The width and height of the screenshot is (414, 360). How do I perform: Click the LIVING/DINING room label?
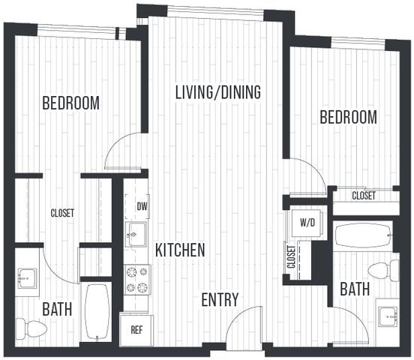218,92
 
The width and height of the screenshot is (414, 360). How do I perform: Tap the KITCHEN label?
180,250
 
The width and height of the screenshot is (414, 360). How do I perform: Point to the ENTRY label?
220,299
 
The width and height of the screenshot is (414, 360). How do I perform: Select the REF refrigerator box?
136,330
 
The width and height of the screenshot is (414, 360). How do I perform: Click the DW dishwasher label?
142,206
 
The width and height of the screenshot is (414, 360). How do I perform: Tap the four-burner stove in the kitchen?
137,280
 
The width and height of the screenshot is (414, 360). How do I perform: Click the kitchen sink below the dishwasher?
136,235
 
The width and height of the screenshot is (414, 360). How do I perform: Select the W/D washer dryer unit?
307,223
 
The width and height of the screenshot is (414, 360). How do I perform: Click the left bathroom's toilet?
31,329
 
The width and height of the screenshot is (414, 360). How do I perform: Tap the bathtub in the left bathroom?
97,312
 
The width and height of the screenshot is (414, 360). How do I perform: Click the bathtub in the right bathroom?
364,235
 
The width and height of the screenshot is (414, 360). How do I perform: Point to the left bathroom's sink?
28,278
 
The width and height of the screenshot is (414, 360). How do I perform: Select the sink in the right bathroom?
388,316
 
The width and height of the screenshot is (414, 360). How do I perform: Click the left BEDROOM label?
70,103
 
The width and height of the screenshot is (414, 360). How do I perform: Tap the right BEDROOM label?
349,117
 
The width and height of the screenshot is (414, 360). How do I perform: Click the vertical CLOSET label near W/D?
291,256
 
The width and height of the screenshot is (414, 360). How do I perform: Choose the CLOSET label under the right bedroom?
364,196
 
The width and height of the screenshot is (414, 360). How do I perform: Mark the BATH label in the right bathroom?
355,289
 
